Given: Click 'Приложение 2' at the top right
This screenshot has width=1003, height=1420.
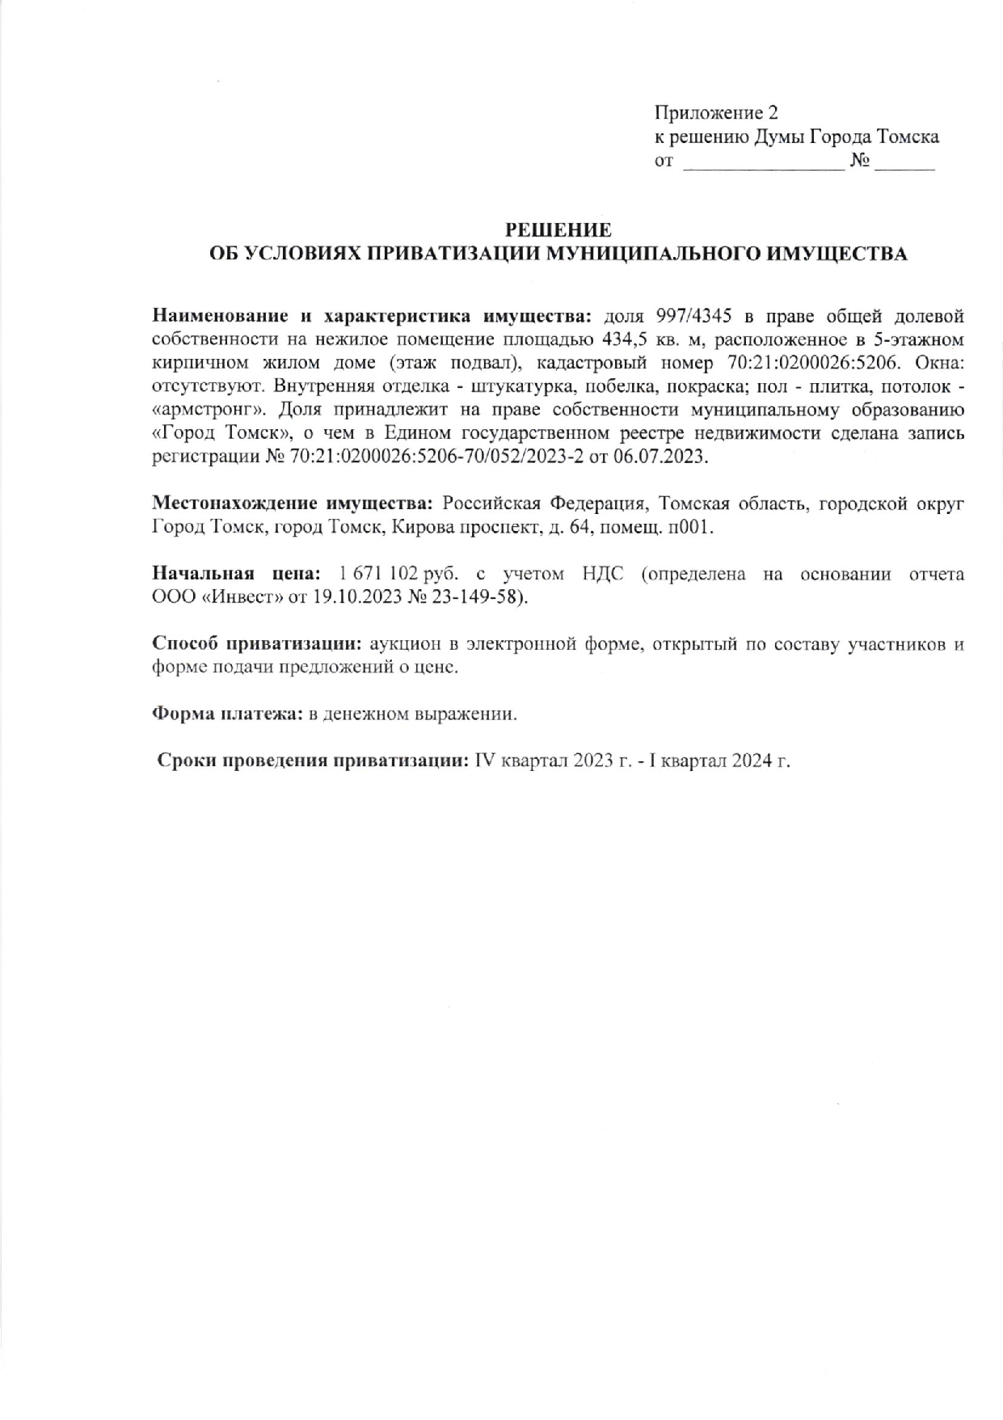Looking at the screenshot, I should click(x=715, y=112).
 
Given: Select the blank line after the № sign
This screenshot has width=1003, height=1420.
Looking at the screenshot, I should click(x=904, y=164).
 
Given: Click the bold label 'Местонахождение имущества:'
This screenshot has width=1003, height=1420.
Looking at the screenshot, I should click(x=293, y=504).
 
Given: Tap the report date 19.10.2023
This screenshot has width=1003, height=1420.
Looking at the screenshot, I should click(x=356, y=598).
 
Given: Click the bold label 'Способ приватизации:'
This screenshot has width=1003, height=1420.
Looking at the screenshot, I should click(x=258, y=645).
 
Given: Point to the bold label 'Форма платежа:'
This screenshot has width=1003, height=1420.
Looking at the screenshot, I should click(x=228, y=715).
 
